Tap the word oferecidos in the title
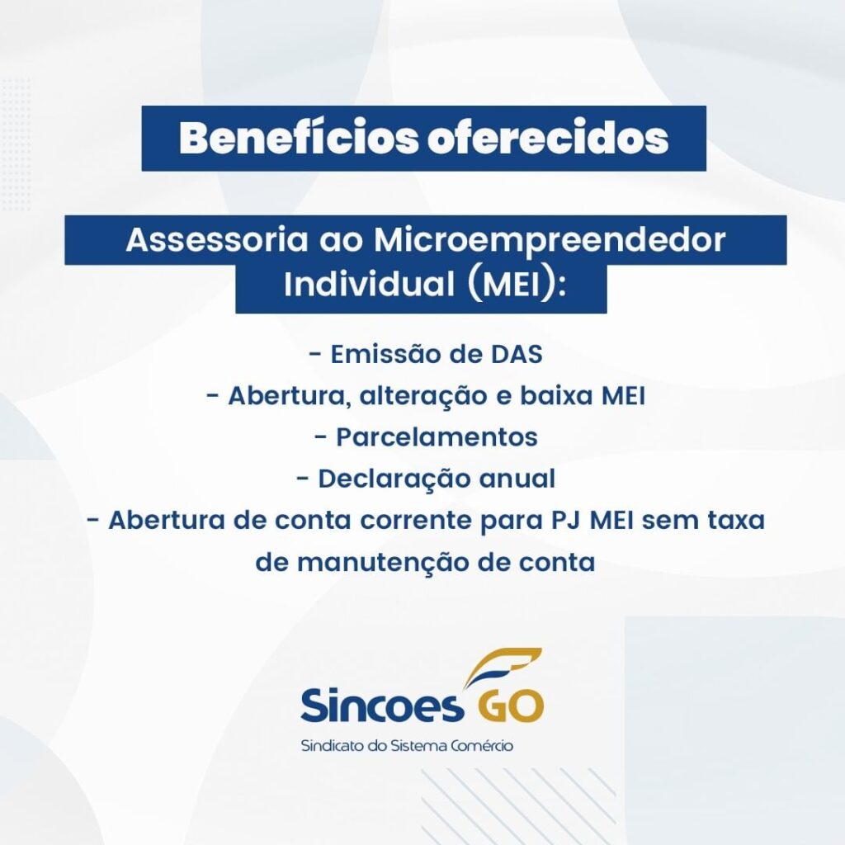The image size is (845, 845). click(548, 138)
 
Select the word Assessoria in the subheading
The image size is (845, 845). click(217, 240)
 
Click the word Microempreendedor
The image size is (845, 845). click(550, 241)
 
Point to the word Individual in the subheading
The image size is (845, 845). click(369, 284)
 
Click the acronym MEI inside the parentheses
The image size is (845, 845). click(512, 285)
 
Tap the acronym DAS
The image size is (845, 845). click(517, 355)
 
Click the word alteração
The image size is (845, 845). click(422, 397)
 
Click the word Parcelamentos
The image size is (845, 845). click(437, 437)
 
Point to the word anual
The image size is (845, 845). click(517, 479)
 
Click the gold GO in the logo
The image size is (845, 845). click(510, 705)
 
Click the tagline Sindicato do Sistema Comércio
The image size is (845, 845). click(407, 746)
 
